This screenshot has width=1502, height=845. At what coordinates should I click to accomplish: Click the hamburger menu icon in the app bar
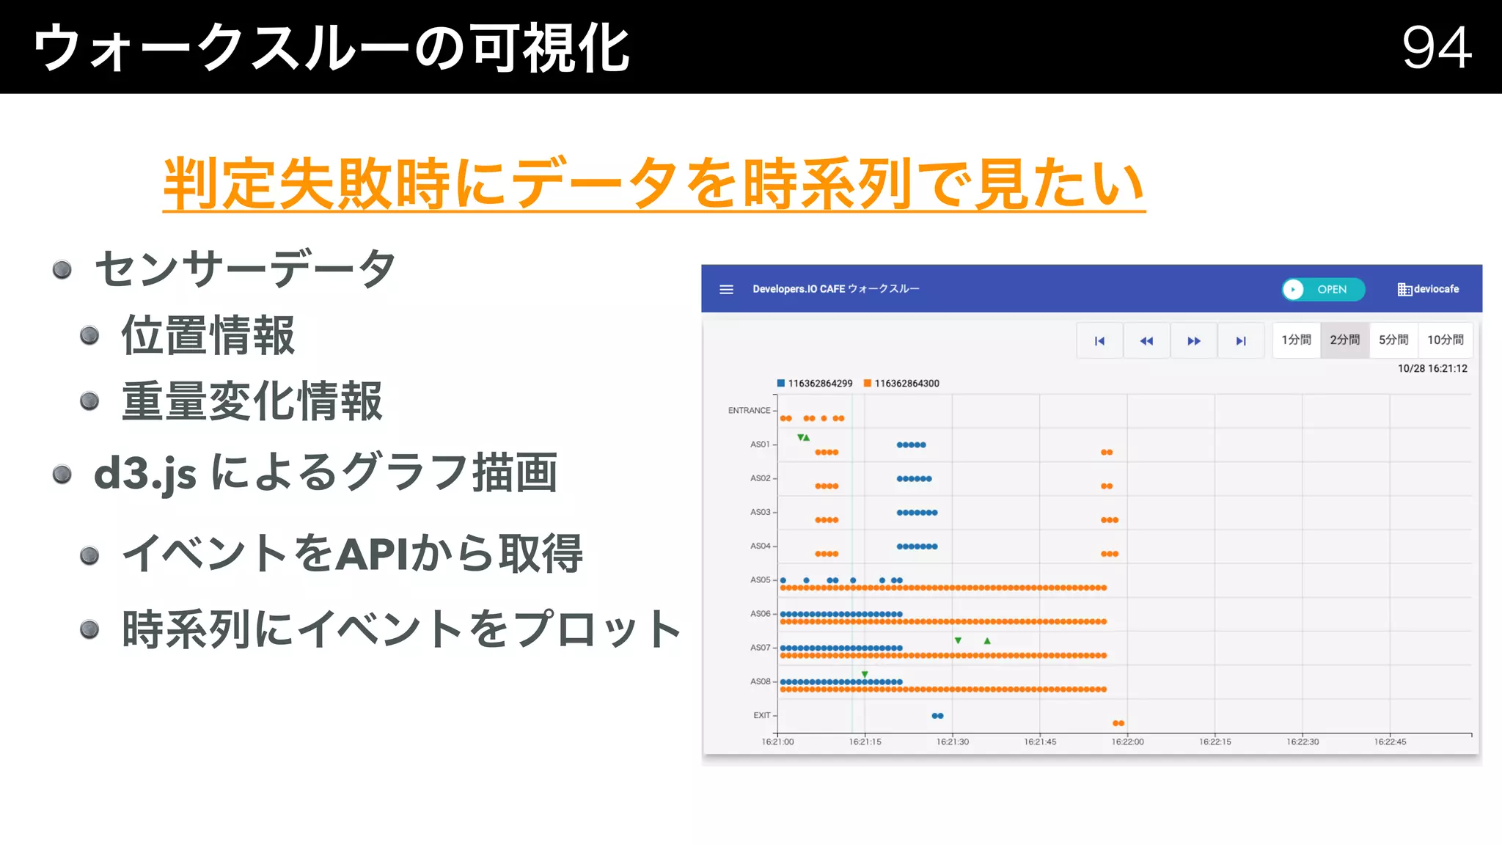(x=726, y=290)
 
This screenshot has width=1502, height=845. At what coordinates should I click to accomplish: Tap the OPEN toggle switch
(x=1322, y=290)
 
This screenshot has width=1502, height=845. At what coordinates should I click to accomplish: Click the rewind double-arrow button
(x=1146, y=341)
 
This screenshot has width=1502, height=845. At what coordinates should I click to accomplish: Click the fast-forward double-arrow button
(x=1194, y=341)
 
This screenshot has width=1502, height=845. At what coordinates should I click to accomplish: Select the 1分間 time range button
(x=1296, y=340)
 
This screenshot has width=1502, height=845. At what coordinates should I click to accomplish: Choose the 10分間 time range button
(x=1445, y=340)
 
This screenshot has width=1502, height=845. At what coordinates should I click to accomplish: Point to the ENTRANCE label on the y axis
(x=749, y=411)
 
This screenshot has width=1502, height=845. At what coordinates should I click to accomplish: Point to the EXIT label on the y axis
(x=762, y=715)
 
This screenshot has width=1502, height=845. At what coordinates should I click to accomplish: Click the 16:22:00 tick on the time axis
(x=1127, y=742)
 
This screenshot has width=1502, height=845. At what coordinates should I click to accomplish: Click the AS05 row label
(x=760, y=580)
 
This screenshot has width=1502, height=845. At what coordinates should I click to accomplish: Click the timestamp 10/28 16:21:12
(x=1432, y=369)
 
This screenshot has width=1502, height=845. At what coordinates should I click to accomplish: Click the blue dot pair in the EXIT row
(x=937, y=716)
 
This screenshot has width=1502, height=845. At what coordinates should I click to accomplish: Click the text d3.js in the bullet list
(x=145, y=474)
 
